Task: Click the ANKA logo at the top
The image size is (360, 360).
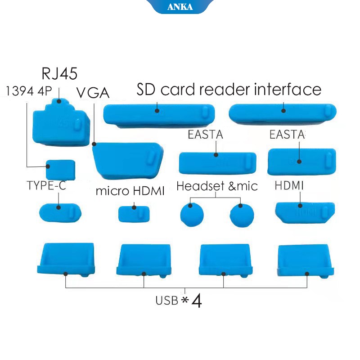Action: (180, 7)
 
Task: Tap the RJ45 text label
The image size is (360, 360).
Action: (59, 73)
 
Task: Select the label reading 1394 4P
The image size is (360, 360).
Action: (27, 91)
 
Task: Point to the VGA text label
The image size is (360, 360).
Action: (93, 93)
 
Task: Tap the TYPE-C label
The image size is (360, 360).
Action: (46, 185)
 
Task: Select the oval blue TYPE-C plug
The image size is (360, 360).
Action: (60, 211)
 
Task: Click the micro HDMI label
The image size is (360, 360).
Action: (130, 191)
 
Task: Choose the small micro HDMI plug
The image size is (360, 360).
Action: (134, 213)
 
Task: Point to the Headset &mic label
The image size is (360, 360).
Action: (217, 186)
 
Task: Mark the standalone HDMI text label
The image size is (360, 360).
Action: (289, 185)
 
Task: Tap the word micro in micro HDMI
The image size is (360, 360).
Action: (110, 191)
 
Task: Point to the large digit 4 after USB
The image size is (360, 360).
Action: (196, 301)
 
